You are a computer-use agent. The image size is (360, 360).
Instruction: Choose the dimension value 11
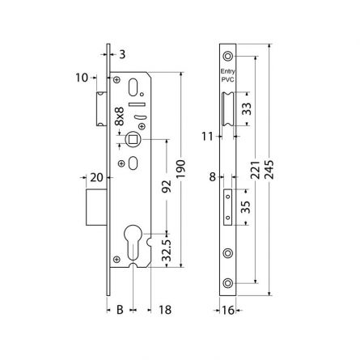tap(207, 136)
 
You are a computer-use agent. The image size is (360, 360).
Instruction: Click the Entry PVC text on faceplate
tap(227, 76)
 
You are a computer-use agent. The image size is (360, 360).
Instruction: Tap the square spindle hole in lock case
tap(130, 139)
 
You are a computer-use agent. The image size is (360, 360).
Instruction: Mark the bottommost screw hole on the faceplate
tap(227, 282)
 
